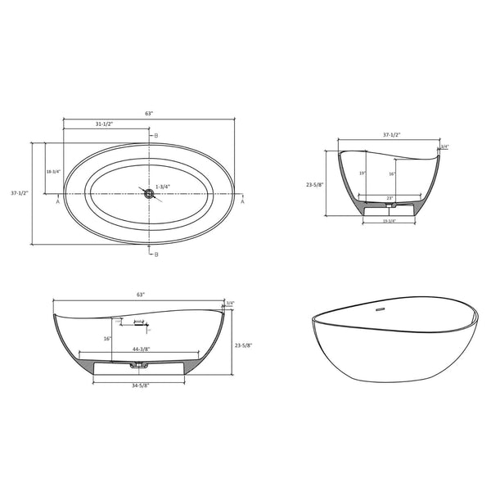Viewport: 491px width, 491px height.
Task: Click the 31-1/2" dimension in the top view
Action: point(104,124)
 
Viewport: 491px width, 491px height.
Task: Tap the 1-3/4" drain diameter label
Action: point(163,187)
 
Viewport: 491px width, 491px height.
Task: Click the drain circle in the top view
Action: point(149,193)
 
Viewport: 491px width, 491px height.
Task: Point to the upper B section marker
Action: point(155,135)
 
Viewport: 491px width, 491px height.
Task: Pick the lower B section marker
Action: point(155,255)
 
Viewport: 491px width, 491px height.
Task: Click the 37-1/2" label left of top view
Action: point(20,193)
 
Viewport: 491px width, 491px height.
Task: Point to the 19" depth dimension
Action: point(363,173)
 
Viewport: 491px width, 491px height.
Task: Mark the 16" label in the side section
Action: point(108,338)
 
